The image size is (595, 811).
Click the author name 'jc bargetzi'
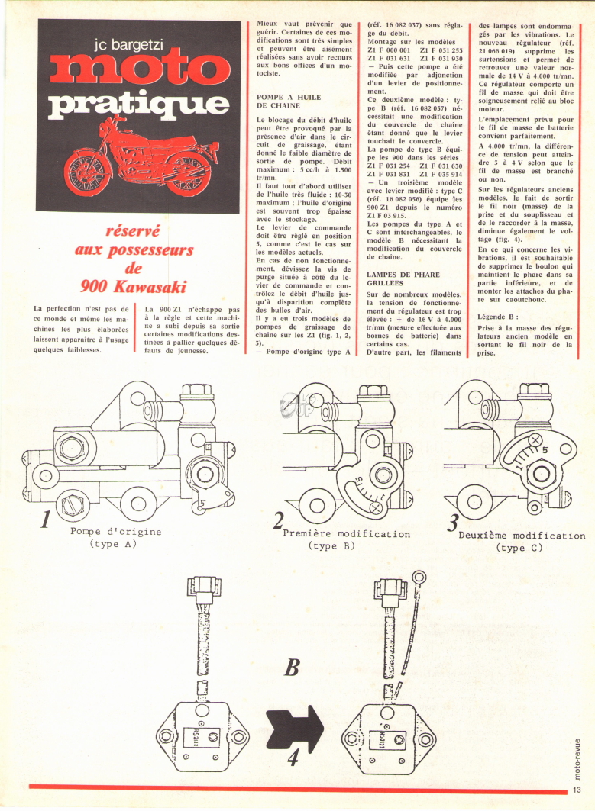[x=129, y=45]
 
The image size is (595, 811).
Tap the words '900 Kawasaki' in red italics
[x=133, y=287]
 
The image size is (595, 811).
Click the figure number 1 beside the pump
[x=46, y=520]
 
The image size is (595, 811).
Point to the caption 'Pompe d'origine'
[x=116, y=532]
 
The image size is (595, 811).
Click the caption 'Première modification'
[x=347, y=534]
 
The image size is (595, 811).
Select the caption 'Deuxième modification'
[x=522, y=536]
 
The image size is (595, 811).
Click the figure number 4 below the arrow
[x=293, y=758]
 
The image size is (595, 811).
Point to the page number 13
[x=577, y=790]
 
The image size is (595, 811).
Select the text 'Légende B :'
[x=498, y=317]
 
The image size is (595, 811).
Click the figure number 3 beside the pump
[x=453, y=523]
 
